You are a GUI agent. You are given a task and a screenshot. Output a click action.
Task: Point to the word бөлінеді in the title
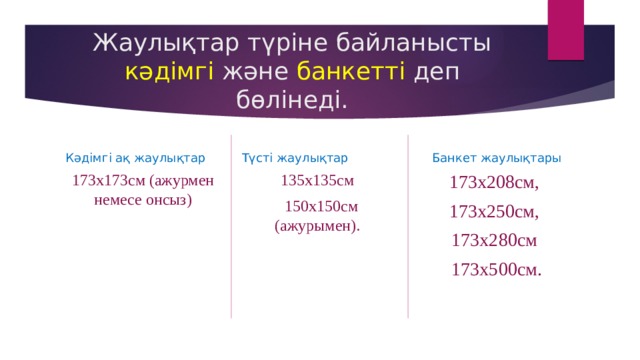pos(292,100)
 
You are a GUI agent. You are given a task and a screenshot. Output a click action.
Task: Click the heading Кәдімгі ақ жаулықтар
pos(135,158)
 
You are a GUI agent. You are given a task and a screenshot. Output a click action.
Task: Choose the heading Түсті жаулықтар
pos(295,158)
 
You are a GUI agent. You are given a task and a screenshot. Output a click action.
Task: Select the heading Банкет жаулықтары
pos(496,158)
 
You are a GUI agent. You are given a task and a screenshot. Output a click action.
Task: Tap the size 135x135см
pos(318,181)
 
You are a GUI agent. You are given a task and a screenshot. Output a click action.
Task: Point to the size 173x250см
pos(494,212)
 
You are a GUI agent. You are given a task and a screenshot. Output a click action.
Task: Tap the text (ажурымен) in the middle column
pos(317,226)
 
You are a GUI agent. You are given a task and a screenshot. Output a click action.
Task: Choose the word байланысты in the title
pos(410,43)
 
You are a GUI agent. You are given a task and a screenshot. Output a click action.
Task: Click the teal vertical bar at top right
pos(565,30)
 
